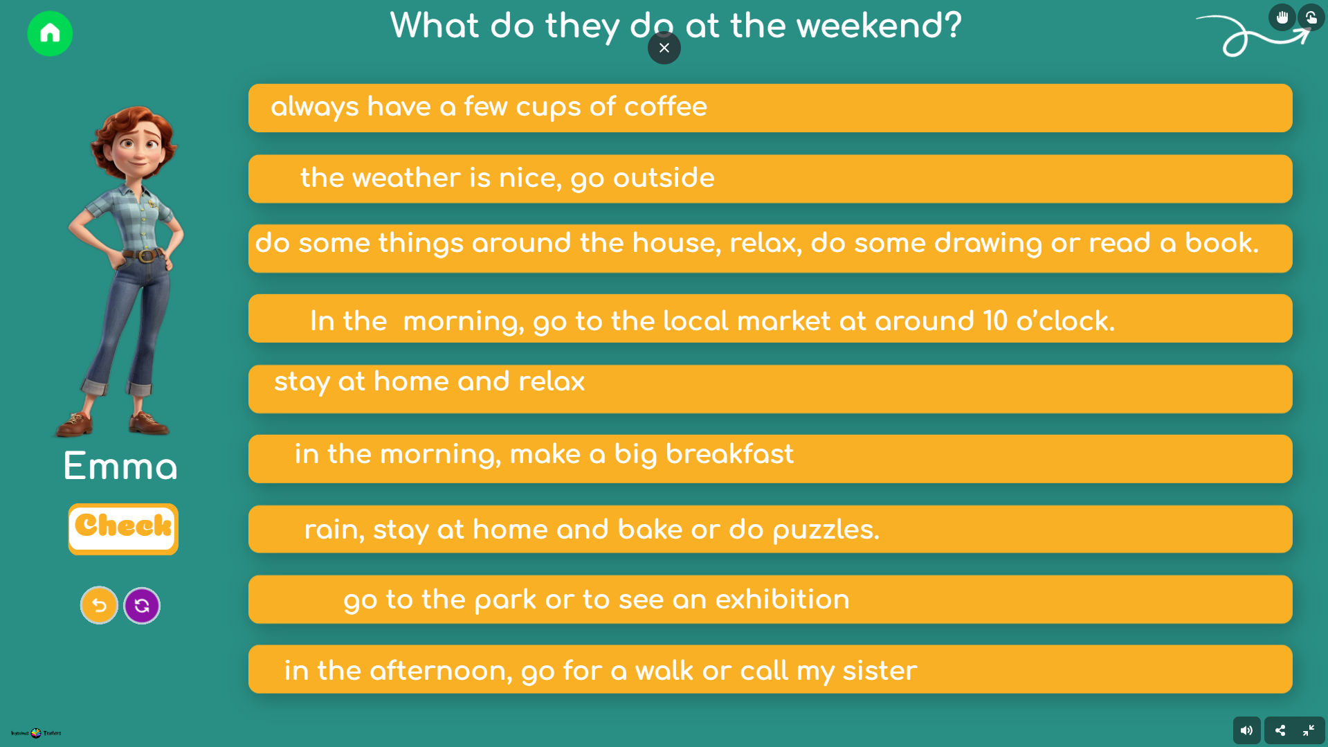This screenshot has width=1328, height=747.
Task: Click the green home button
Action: coord(50,33)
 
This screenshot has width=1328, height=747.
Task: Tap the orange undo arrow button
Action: coord(99,606)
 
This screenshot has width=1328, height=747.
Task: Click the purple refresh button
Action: coord(142,606)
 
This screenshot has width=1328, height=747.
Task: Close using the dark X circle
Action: coord(664,48)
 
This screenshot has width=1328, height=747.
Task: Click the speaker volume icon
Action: coord(1246,730)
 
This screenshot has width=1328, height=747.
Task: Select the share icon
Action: coord(1280,730)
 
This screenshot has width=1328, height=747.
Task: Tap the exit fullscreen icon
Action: coord(1309,730)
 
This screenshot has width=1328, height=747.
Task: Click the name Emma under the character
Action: coord(120,466)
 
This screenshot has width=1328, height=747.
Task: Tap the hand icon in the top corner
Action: coord(1282,17)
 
